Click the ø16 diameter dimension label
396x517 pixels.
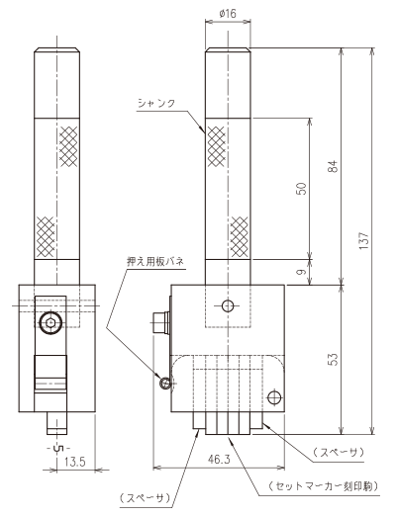pos(228,14)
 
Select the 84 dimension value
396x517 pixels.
pos(335,166)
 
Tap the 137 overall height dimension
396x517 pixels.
pos(363,240)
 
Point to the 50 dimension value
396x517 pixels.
pos(301,189)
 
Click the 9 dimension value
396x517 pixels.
pos(301,272)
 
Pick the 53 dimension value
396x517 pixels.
pos(335,359)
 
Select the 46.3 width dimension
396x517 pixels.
pos(219,459)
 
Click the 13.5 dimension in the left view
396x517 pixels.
pos(74,462)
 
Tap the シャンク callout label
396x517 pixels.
pos(156,103)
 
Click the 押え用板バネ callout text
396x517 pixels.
pos(155,262)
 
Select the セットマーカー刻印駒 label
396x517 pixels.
pos(324,486)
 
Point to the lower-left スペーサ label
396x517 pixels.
pos(145,497)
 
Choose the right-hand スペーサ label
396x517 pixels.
pos(339,452)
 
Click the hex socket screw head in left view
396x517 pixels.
pos(50,323)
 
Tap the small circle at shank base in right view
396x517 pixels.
pos(228,306)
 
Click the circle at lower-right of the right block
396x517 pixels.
pos(274,397)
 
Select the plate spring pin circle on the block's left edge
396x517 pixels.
pos(165,383)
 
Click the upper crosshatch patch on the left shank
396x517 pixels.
pos(68,146)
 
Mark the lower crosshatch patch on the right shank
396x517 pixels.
pos(240,236)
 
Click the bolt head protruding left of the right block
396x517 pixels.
pos(160,322)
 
